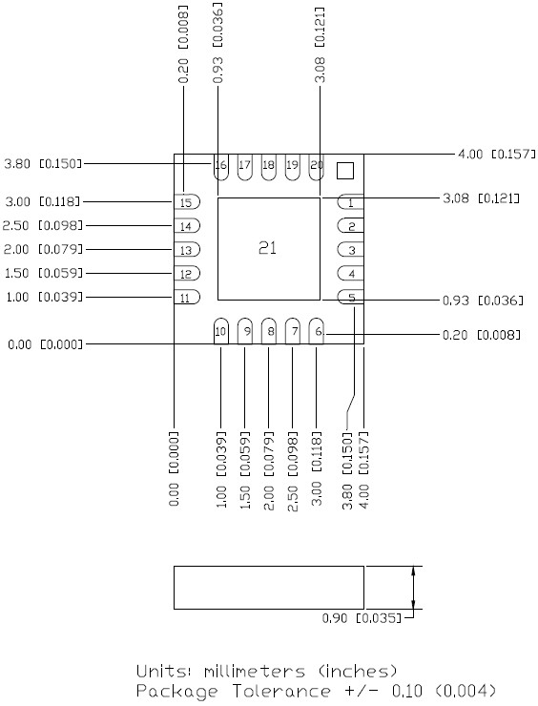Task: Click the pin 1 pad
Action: pyautogui.click(x=351, y=202)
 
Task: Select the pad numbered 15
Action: pyautogui.click(x=187, y=202)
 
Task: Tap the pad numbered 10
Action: pyautogui.click(x=220, y=331)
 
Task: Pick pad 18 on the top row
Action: pyautogui.click(x=268, y=168)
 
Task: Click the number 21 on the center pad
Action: pyautogui.click(x=267, y=248)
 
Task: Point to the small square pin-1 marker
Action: pyautogui.click(x=345, y=171)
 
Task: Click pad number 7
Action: pyautogui.click(x=293, y=331)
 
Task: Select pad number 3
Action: pyautogui.click(x=351, y=249)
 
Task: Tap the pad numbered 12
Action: pyautogui.click(x=187, y=273)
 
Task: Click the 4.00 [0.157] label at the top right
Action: pyautogui.click(x=497, y=154)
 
